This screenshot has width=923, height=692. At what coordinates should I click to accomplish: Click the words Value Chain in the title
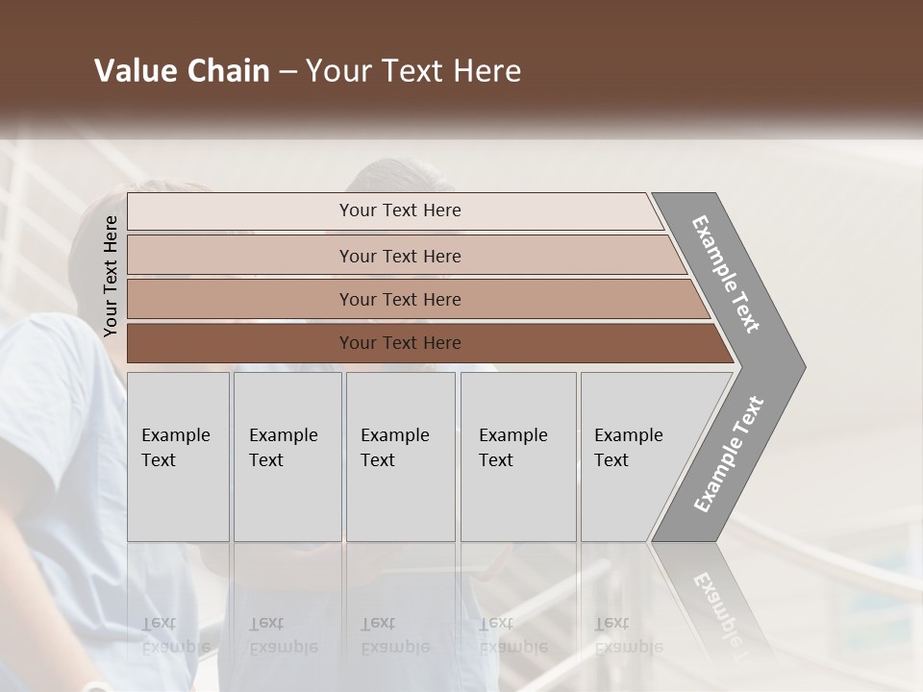click(182, 71)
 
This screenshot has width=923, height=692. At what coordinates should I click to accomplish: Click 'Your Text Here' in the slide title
click(413, 71)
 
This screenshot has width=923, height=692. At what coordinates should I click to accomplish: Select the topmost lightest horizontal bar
click(400, 210)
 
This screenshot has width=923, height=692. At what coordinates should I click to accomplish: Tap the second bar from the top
click(400, 256)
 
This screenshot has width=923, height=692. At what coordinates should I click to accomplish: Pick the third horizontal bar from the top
click(400, 299)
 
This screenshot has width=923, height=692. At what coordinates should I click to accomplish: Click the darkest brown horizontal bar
click(400, 343)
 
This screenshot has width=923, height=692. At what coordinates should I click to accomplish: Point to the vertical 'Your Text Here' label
click(111, 276)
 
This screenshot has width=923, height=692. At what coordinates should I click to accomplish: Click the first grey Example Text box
click(178, 456)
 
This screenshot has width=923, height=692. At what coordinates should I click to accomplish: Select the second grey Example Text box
click(287, 456)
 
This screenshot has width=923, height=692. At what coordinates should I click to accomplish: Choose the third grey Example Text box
click(400, 456)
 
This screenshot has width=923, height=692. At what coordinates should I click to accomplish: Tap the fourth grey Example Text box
click(517, 456)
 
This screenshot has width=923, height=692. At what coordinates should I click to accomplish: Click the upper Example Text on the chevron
click(726, 274)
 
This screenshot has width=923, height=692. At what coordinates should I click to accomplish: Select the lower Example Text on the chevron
click(729, 455)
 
